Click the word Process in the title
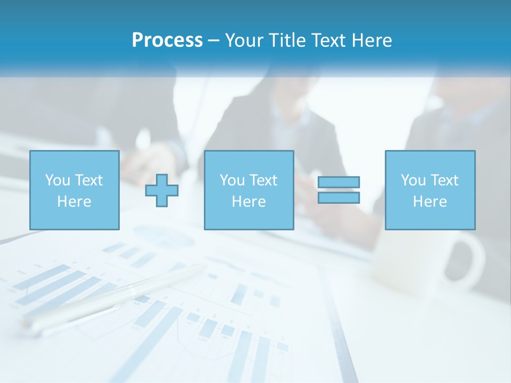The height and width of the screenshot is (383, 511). click(167, 40)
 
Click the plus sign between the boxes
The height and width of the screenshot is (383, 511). click(162, 190)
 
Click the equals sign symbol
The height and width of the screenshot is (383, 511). click(339, 190)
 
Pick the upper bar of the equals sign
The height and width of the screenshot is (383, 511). click(339, 182)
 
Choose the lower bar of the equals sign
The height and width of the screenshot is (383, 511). click(339, 197)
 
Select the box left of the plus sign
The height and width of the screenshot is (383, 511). click(75, 190)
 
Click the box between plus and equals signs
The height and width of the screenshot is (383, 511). click(249, 190)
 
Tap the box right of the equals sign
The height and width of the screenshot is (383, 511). click(430, 190)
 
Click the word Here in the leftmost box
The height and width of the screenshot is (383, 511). click(74, 202)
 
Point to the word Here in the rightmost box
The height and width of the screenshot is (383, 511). click(430, 202)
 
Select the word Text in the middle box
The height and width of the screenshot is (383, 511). click(263, 180)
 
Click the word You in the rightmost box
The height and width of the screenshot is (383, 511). click(413, 180)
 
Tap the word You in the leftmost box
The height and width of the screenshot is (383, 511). click(57, 180)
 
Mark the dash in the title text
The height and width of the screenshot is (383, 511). click(214, 40)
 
